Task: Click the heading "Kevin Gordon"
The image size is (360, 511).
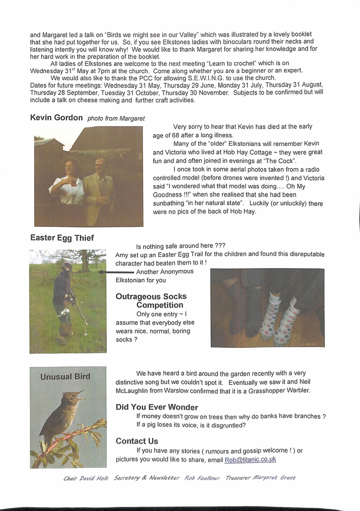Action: click(57, 117)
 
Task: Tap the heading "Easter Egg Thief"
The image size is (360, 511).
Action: click(62, 238)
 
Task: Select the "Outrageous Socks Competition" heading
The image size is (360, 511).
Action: click(151, 301)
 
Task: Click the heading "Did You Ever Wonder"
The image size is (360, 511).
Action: click(157, 407)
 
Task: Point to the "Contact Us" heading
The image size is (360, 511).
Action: click(137, 441)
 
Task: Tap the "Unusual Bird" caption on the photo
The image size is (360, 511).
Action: click(65, 376)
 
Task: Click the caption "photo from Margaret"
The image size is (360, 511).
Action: click(116, 118)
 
